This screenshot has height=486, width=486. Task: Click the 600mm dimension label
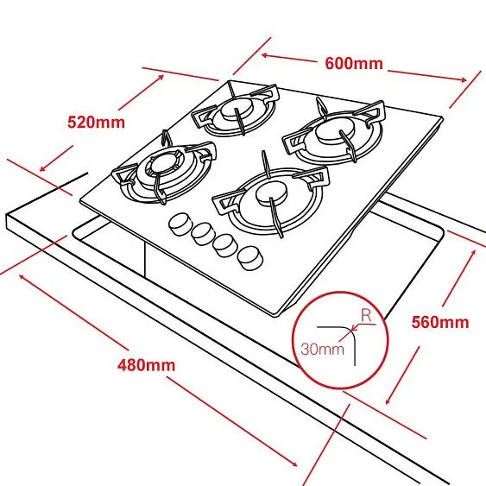click(x=354, y=64)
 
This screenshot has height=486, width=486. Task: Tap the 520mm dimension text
click(x=97, y=122)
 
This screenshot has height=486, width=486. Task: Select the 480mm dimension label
click(x=146, y=365)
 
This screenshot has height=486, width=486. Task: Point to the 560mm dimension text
click(x=440, y=322)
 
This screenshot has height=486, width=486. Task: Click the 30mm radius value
click(x=322, y=349)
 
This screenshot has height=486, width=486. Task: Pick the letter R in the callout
click(x=366, y=316)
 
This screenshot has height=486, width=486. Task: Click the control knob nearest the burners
click(x=180, y=224)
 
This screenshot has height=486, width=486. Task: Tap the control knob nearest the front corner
click(x=249, y=258)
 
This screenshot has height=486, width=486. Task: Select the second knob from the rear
click(x=203, y=234)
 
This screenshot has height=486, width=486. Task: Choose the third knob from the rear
click(x=226, y=245)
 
